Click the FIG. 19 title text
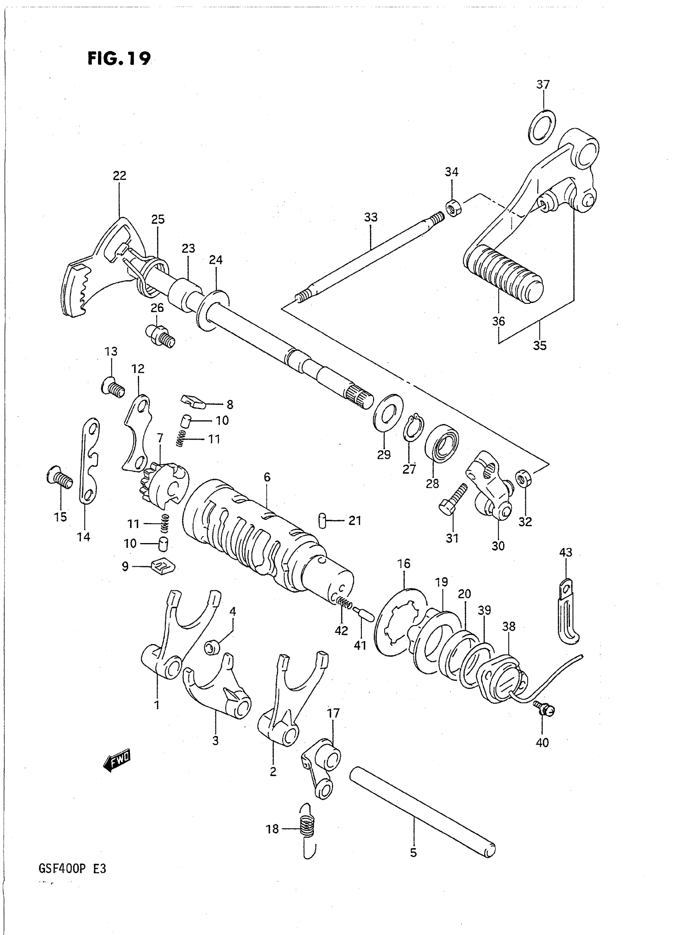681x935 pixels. [x=119, y=59]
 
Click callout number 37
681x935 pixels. [x=543, y=85]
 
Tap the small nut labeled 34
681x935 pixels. [x=453, y=208]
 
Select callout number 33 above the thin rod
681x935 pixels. [x=371, y=217]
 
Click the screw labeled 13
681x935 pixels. [x=113, y=387]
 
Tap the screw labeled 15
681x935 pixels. [x=60, y=478]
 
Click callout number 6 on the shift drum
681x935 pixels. [x=267, y=477]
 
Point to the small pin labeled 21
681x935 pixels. [x=322, y=520]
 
